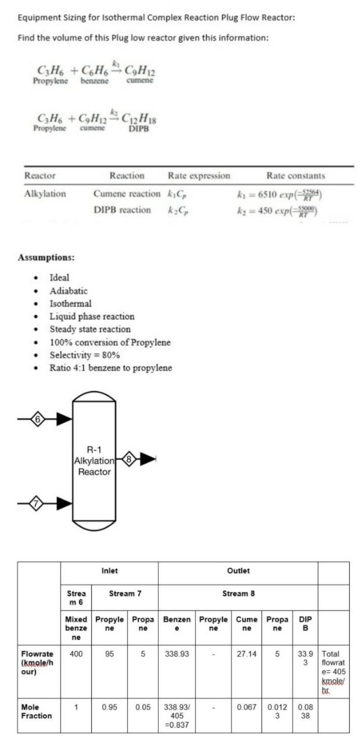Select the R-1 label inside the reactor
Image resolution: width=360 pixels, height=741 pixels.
click(94, 450)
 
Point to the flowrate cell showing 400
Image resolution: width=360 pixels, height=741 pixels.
click(76, 654)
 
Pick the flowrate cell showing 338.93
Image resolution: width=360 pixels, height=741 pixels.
click(177, 654)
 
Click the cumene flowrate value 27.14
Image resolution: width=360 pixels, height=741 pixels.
click(247, 654)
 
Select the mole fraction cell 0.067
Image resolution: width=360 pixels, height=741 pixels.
click(247, 707)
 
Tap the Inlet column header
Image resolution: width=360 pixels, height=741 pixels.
click(110, 571)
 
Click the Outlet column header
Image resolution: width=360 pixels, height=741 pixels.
click(238, 571)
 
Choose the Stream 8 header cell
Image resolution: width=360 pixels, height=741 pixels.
click(238, 594)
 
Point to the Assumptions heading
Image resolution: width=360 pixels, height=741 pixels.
click(46, 257)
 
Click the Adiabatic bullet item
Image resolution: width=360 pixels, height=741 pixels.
click(69, 291)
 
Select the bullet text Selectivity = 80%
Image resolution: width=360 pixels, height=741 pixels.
click(85, 355)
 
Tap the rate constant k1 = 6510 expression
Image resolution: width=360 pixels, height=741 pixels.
click(280, 195)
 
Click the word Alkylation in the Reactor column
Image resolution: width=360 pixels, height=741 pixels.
click(45, 194)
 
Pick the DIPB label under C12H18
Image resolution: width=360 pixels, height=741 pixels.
click(139, 129)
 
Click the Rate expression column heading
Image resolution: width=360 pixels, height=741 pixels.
click(199, 176)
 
